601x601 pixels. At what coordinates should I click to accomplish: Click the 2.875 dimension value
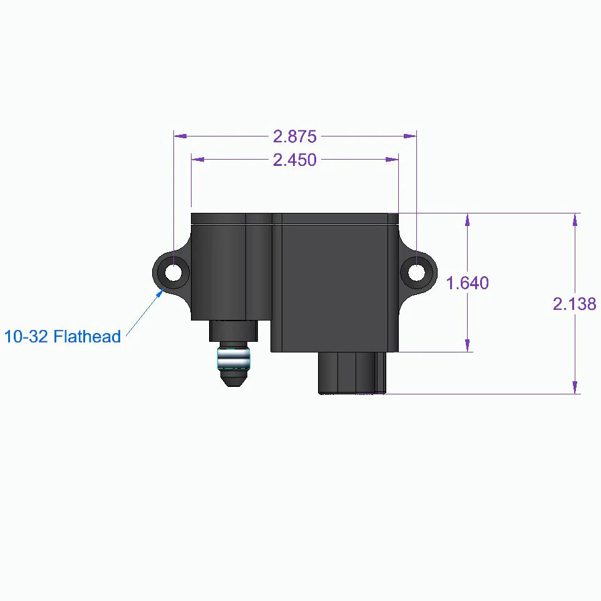click(294, 136)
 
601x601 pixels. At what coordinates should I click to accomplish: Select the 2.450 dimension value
click(294, 160)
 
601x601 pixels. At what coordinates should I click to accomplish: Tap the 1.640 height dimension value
click(467, 283)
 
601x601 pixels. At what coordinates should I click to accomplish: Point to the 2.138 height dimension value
click(574, 304)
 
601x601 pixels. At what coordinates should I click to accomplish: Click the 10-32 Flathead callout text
click(62, 337)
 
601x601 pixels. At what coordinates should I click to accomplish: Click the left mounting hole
click(173, 272)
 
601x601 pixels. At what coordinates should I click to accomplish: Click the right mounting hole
click(416, 272)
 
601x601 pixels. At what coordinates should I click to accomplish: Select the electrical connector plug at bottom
click(352, 372)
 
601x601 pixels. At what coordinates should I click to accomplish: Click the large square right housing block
click(336, 282)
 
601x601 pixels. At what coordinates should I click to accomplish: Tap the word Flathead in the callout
click(87, 337)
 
